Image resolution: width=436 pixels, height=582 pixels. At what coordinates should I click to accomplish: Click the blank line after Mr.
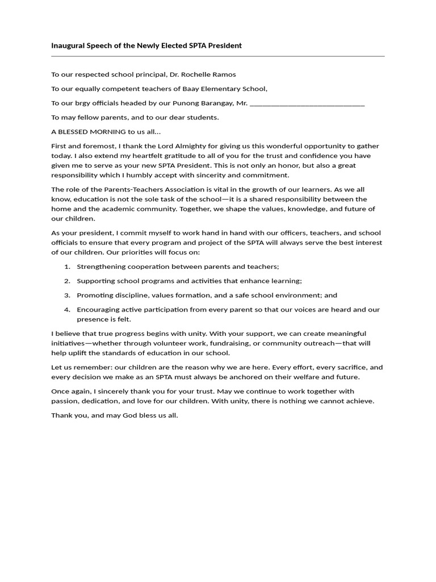(307, 103)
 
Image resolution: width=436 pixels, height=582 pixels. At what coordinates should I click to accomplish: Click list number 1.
(67, 267)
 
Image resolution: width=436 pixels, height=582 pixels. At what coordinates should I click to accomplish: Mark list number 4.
(67, 310)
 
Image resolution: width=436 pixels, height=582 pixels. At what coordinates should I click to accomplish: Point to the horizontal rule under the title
(218, 56)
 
